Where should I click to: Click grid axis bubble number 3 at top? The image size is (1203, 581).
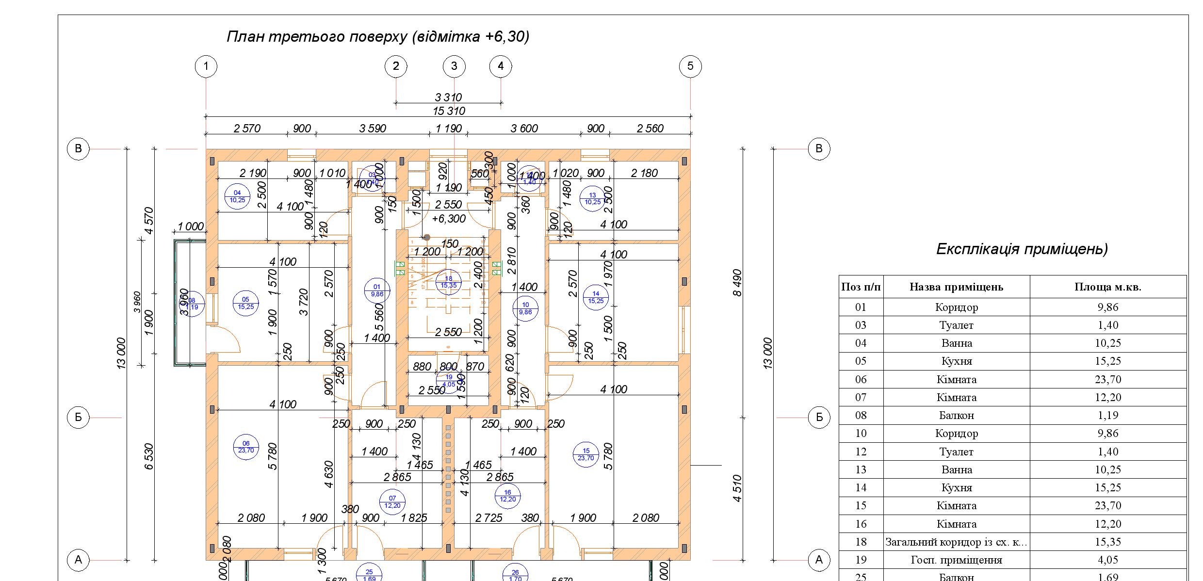pyautogui.click(x=454, y=66)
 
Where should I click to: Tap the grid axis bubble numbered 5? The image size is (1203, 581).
pyautogui.click(x=690, y=66)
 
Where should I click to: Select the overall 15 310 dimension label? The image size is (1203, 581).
pyautogui.click(x=449, y=111)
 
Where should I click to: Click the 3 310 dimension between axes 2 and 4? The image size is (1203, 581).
pyautogui.click(x=448, y=97)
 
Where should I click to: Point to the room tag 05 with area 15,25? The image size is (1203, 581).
pyautogui.click(x=245, y=303)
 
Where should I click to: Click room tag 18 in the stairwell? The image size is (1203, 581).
pyautogui.click(x=449, y=282)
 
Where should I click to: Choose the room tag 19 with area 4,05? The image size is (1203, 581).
pyautogui.click(x=449, y=380)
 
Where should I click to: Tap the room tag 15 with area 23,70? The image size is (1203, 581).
pyautogui.click(x=586, y=454)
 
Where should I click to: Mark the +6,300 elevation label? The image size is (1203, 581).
pyautogui.click(x=449, y=219)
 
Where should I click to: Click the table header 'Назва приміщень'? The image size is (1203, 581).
pyautogui.click(x=956, y=287)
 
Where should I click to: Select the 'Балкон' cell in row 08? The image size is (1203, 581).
pyautogui.click(x=956, y=415)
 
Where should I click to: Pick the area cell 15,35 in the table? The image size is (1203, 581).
pyautogui.click(x=1108, y=542)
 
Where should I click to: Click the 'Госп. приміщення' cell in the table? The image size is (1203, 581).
pyautogui.click(x=956, y=560)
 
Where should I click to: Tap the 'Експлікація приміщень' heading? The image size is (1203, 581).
pyautogui.click(x=1022, y=249)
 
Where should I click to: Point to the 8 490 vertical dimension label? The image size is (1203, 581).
pyautogui.click(x=737, y=283)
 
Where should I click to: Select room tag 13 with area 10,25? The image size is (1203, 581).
pyautogui.click(x=593, y=198)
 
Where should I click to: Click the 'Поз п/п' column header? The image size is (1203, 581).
pyautogui.click(x=861, y=287)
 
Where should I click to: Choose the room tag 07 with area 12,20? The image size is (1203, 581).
pyautogui.click(x=392, y=501)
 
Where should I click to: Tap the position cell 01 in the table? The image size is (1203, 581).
pyautogui.click(x=861, y=307)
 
